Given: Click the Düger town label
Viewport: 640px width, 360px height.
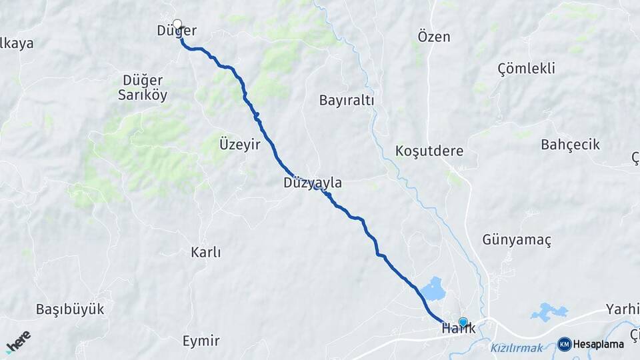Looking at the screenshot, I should pyautogui.click(x=177, y=31).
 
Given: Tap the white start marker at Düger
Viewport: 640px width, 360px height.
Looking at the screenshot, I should pyautogui.click(x=177, y=24).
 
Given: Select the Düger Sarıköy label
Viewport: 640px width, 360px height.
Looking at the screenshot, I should pyautogui.click(x=143, y=87).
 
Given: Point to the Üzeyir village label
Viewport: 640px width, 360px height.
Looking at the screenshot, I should pyautogui.click(x=239, y=145).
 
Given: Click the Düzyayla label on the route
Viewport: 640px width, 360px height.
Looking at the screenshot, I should pyautogui.click(x=313, y=183).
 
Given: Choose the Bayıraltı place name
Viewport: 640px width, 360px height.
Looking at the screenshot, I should pyautogui.click(x=347, y=100).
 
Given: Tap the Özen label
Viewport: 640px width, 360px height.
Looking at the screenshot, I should pyautogui.click(x=434, y=37).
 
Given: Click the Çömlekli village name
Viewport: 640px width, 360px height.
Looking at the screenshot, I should pyautogui.click(x=527, y=68).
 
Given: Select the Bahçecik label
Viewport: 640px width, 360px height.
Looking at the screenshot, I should pyautogui.click(x=571, y=145).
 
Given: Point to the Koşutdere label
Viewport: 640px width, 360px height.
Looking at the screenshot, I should pyautogui.click(x=429, y=150).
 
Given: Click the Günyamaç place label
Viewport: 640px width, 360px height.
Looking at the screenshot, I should pyautogui.click(x=517, y=240).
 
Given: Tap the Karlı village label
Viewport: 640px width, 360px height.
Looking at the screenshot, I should pyautogui.click(x=205, y=253).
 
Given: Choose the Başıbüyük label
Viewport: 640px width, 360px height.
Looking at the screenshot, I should pyautogui.click(x=70, y=309).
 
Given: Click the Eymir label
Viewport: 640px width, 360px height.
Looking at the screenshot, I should pyautogui.click(x=201, y=341).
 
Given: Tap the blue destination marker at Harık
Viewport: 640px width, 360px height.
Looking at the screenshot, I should pyautogui.click(x=463, y=322).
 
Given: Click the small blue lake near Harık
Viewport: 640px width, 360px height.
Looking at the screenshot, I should pyautogui.click(x=433, y=289).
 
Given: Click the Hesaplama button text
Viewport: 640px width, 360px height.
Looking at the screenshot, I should pyautogui.click(x=599, y=344).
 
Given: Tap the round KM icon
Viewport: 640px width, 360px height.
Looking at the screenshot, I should pyautogui.click(x=565, y=344).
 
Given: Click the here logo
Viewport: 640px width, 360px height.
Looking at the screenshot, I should pyautogui.click(x=19, y=342).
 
